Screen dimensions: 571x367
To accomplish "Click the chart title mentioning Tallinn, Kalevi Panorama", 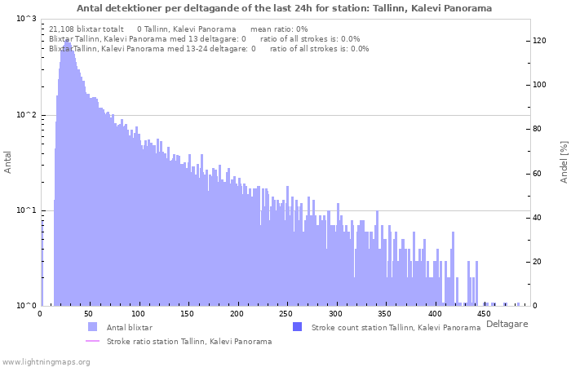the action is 284,8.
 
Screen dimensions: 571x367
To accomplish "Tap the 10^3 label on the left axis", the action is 27,19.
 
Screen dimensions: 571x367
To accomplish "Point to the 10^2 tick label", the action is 27,115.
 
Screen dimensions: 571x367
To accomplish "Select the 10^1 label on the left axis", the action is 27,210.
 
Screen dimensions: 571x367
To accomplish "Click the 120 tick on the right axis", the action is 539,41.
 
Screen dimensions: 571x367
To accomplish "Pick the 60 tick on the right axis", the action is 537,173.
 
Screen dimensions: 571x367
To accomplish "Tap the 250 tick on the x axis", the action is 285,313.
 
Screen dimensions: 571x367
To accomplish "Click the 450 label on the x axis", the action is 484,313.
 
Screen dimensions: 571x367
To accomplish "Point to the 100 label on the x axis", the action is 138,313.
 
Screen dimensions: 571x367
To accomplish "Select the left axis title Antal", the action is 7,162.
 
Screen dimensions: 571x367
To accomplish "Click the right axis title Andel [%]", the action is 564,162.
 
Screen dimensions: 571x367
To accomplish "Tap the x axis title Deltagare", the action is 507,324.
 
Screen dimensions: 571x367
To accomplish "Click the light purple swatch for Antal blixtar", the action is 92,327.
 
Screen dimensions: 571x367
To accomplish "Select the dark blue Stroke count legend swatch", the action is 297,327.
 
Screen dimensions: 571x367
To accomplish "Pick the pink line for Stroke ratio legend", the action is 92,341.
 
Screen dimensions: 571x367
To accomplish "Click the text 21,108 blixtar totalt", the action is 86,29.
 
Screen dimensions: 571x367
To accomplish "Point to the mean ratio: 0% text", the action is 279,29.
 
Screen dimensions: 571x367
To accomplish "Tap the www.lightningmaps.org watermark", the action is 45,362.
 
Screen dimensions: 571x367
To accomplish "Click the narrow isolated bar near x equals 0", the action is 42,263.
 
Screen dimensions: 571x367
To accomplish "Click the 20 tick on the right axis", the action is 537,262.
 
